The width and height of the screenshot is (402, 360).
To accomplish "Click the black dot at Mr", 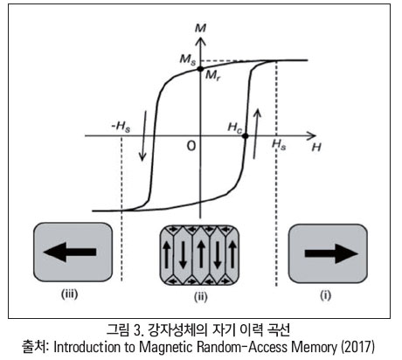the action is [200, 69].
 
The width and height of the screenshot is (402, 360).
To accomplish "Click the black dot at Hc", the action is [246, 135].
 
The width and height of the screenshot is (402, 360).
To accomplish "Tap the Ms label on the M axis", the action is [188, 59].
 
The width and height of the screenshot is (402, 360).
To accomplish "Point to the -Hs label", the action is [121, 127].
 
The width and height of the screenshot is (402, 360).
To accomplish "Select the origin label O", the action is [191, 146].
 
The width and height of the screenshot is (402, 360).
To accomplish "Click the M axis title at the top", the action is [200, 28].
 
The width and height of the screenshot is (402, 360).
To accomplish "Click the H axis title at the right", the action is [316, 148].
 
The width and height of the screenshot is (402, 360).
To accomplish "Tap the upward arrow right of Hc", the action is [256, 134].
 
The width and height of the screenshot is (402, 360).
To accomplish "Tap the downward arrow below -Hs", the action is [143, 135].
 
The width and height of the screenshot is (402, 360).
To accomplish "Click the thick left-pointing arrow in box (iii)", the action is [70, 252].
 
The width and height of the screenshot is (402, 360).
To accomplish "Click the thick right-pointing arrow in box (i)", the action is [331, 253].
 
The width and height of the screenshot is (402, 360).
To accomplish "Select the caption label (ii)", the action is [201, 297].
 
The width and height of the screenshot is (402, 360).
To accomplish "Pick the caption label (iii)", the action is [69, 294].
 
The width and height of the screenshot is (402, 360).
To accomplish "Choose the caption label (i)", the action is [326, 295].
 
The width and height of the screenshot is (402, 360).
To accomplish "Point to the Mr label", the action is [212, 76].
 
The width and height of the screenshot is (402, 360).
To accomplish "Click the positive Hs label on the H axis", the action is [279, 144].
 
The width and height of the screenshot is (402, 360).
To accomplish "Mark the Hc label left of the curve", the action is [235, 128].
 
